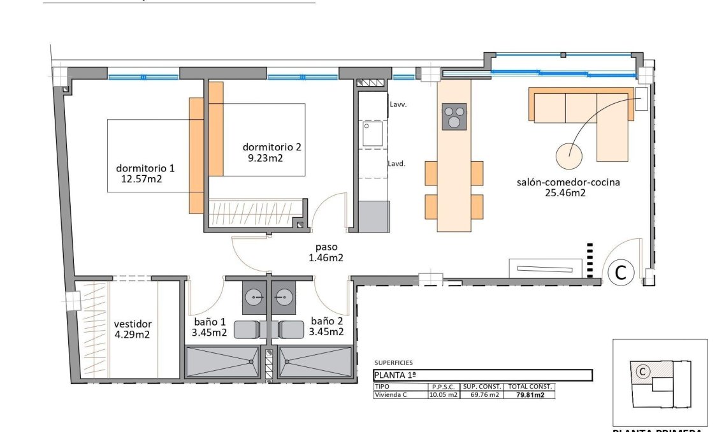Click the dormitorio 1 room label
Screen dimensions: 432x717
click(145, 168)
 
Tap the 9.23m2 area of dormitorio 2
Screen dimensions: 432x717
click(265, 157)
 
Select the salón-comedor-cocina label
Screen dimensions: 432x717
click(568, 182)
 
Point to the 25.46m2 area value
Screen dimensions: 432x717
click(565, 193)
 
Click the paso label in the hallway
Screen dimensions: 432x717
click(326, 247)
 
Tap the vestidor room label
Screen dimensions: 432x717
click(133, 324)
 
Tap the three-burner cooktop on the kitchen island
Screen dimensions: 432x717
click(454, 117)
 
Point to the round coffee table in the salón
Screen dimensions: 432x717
click(569, 154)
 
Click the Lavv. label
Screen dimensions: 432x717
click(397, 104)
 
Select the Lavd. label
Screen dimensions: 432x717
click(397, 163)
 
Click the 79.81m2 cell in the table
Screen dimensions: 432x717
click(530, 395)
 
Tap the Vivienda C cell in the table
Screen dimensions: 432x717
click(391, 395)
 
